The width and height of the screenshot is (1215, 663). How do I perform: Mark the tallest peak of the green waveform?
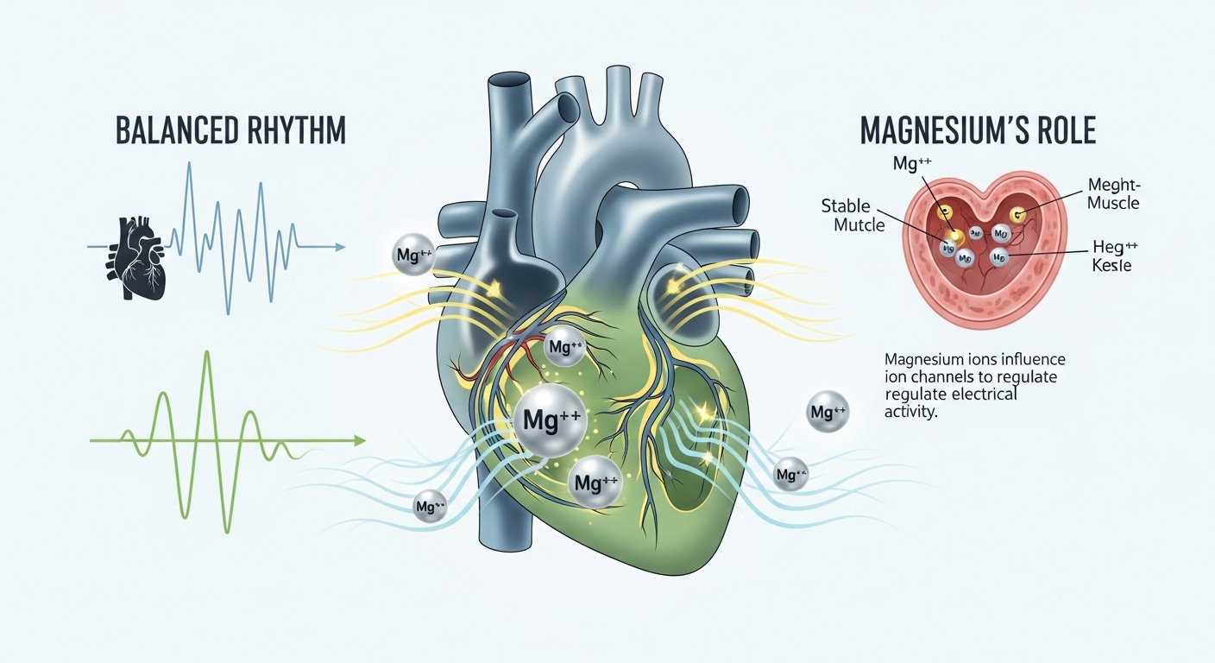coord(206,354)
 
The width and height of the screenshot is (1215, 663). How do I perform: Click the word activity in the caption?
coord(910,412)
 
